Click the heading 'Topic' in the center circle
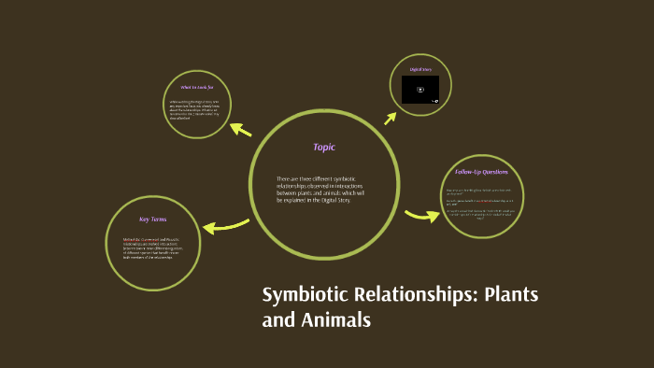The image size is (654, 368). click(324, 148)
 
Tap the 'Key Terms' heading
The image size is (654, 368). click(152, 219)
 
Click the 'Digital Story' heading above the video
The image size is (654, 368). click(419, 69)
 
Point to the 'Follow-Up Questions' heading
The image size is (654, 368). click(481, 173)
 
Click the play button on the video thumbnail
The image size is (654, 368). click(420, 90)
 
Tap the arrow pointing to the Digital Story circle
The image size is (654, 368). click(391, 117)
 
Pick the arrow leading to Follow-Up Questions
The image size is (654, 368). click(422, 216)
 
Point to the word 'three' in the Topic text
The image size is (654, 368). click(314, 178)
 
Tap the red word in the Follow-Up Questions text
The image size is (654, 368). click(482, 200)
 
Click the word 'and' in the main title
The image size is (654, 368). click(278, 320)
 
